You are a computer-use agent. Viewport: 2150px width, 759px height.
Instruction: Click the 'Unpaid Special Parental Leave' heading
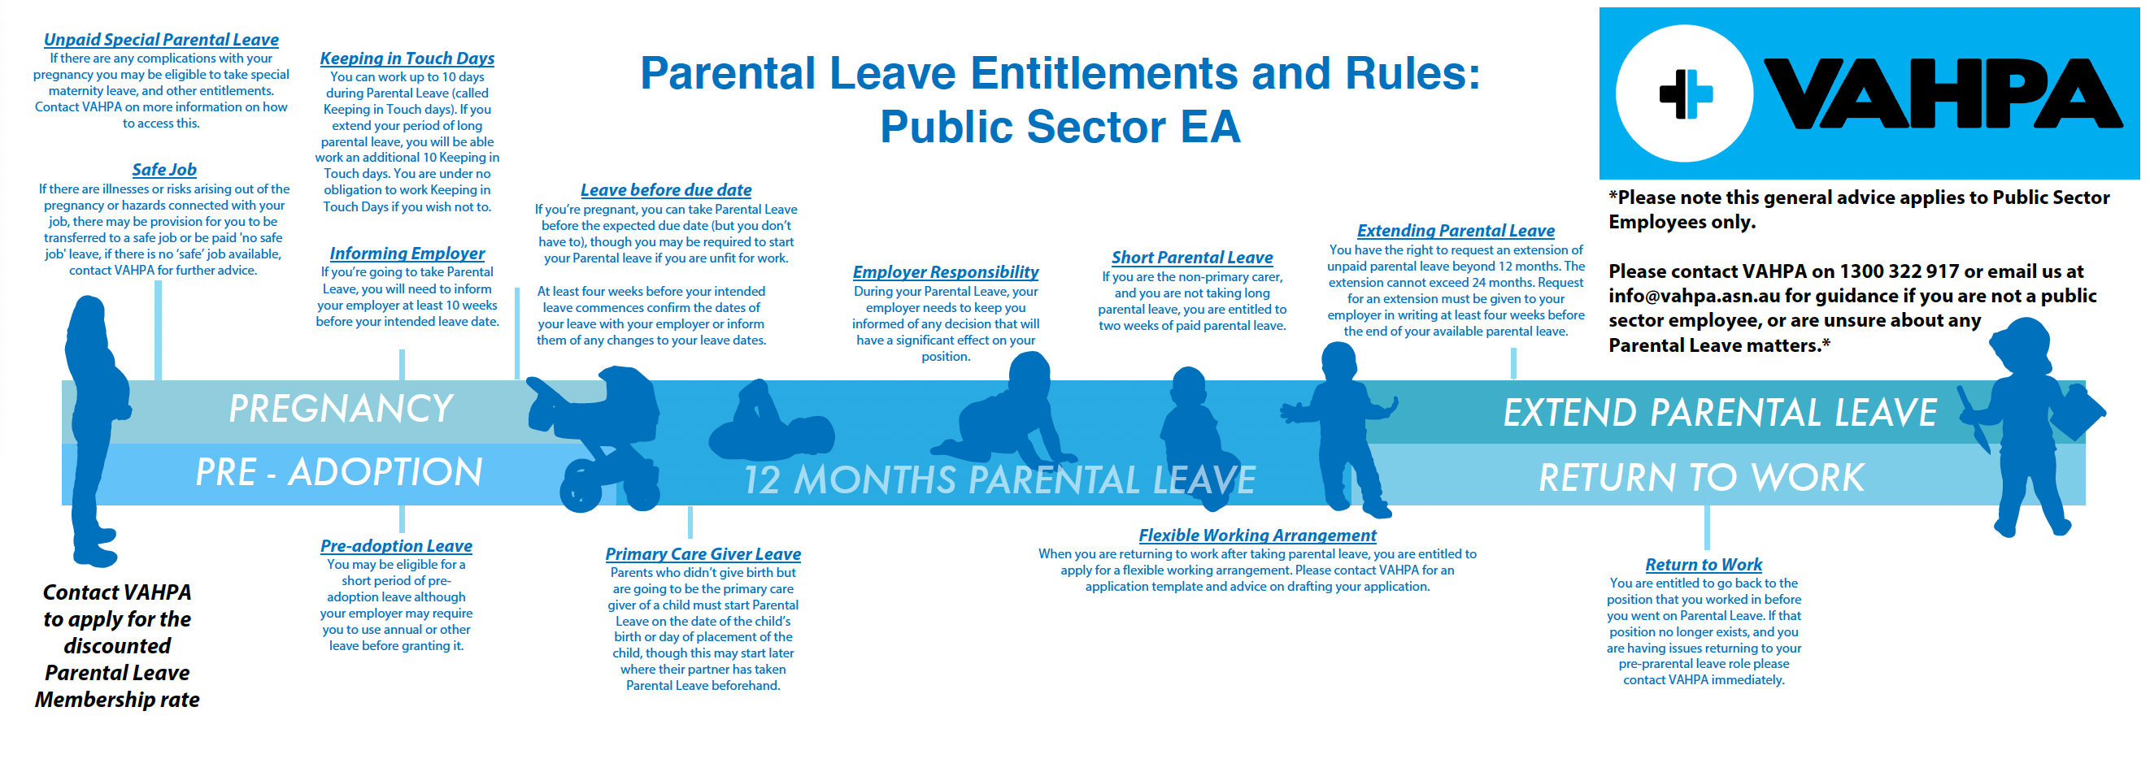coord(161,39)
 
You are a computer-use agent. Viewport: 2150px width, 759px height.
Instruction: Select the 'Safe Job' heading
coord(164,169)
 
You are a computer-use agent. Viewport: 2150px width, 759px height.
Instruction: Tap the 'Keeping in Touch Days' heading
coord(407,59)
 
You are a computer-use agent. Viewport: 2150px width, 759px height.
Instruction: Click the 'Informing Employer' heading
coord(407,253)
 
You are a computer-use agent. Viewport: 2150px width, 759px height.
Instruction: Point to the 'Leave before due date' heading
coord(666,190)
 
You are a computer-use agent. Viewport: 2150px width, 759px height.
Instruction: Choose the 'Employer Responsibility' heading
coord(946,272)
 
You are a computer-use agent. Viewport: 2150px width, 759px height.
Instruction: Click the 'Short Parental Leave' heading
coord(1192,258)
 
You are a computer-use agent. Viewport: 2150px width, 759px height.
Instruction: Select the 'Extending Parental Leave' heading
coord(1456,230)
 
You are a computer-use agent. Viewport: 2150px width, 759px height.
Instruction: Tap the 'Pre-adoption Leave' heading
coord(397,545)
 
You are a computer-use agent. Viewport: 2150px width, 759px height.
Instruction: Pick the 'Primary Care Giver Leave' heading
coord(703,554)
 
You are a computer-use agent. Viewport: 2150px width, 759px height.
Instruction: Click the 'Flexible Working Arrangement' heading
coord(1257,536)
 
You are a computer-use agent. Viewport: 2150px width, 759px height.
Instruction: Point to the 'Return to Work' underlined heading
coord(1704,565)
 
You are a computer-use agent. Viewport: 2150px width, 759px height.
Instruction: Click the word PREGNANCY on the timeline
coord(341,409)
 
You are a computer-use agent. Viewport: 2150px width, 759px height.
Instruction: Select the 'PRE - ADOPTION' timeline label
coord(339,472)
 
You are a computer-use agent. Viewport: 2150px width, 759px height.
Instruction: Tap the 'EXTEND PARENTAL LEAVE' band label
coord(1720,412)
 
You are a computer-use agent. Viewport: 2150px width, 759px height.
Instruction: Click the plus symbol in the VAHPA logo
coord(1686,93)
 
